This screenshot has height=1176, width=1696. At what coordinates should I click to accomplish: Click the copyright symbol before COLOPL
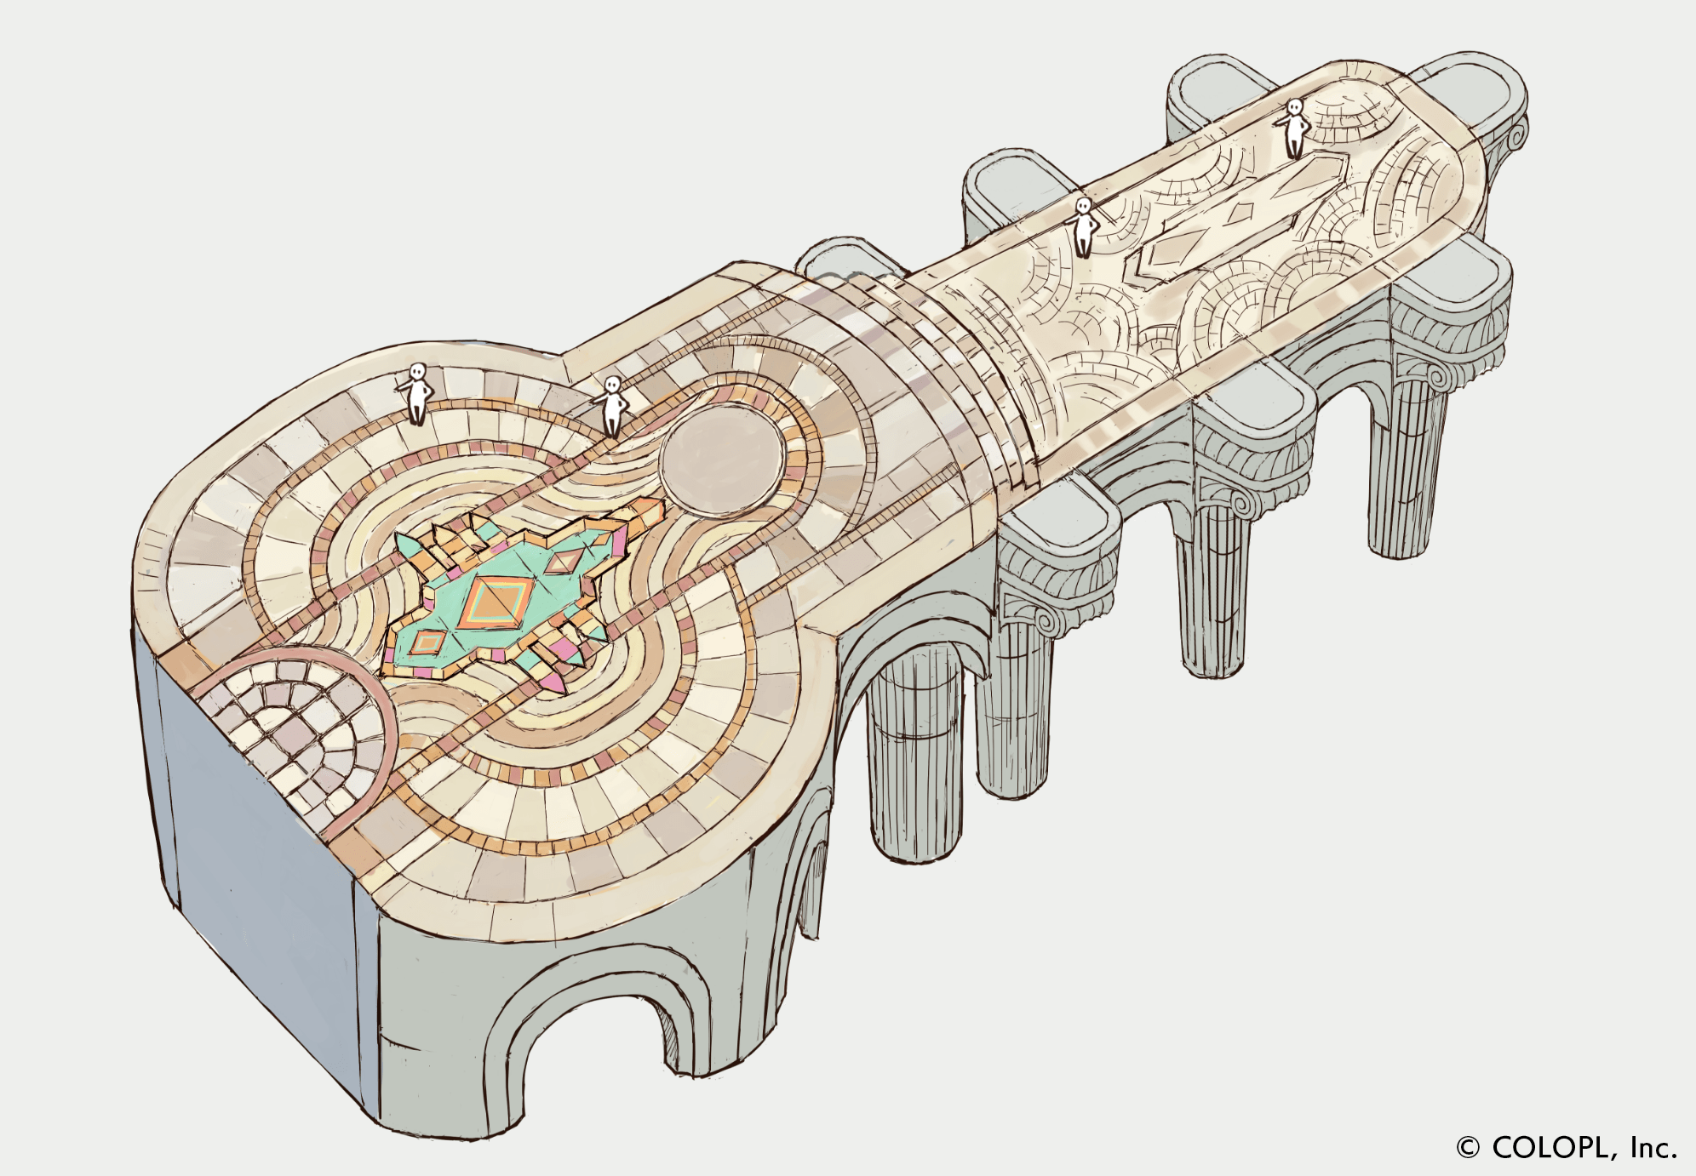(x=1468, y=1147)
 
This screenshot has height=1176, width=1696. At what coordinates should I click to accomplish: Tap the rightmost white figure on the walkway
(x=1293, y=128)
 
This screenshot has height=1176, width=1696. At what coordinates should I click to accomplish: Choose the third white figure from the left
(x=1082, y=226)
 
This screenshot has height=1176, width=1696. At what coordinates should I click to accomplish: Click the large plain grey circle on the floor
(x=721, y=461)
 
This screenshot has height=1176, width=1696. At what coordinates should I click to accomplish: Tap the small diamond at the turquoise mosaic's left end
(x=428, y=642)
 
